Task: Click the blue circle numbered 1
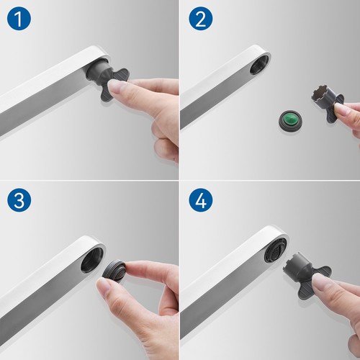pyautogui.click(x=19, y=19)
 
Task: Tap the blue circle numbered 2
pyautogui.click(x=201, y=19)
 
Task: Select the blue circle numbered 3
pyautogui.click(x=19, y=200)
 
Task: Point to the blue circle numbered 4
pyautogui.click(x=201, y=200)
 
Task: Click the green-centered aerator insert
pyautogui.click(x=290, y=120)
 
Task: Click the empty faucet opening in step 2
pyautogui.click(x=260, y=64)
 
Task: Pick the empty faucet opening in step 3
pyautogui.click(x=92, y=260)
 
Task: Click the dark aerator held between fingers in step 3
pyautogui.click(x=114, y=271)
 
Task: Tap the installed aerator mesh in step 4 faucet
pyautogui.click(x=275, y=250)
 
